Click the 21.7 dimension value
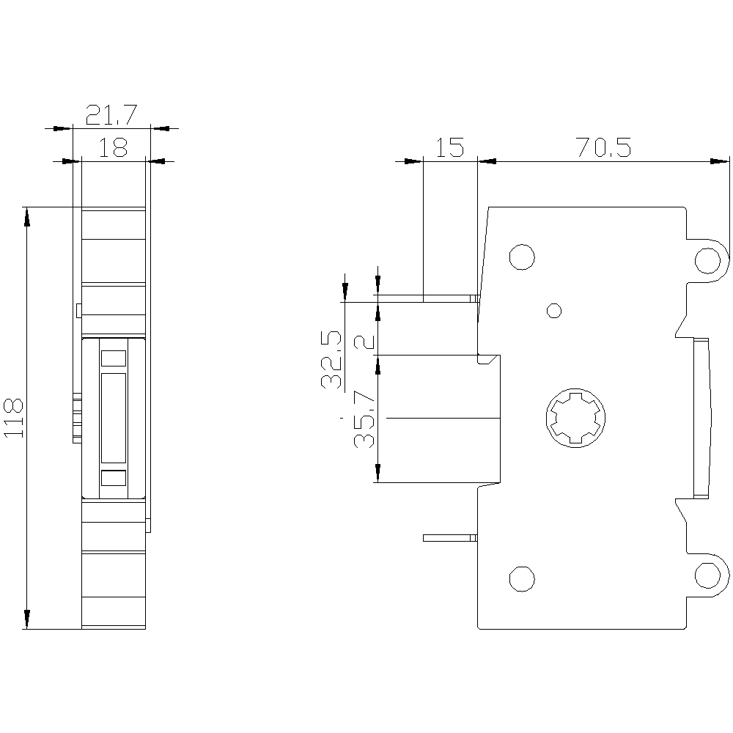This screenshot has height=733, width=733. tap(111, 115)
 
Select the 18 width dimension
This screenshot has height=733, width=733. tap(113, 148)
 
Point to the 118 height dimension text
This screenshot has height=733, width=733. tap(13, 419)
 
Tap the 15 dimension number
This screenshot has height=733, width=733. tap(450, 147)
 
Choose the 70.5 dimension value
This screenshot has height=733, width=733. tap(603, 147)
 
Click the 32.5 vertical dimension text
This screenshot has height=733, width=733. tap(331, 359)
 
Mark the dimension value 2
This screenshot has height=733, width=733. tap(364, 342)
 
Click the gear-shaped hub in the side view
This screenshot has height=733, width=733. tap(575, 418)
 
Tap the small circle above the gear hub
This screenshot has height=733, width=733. tap(554, 310)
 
